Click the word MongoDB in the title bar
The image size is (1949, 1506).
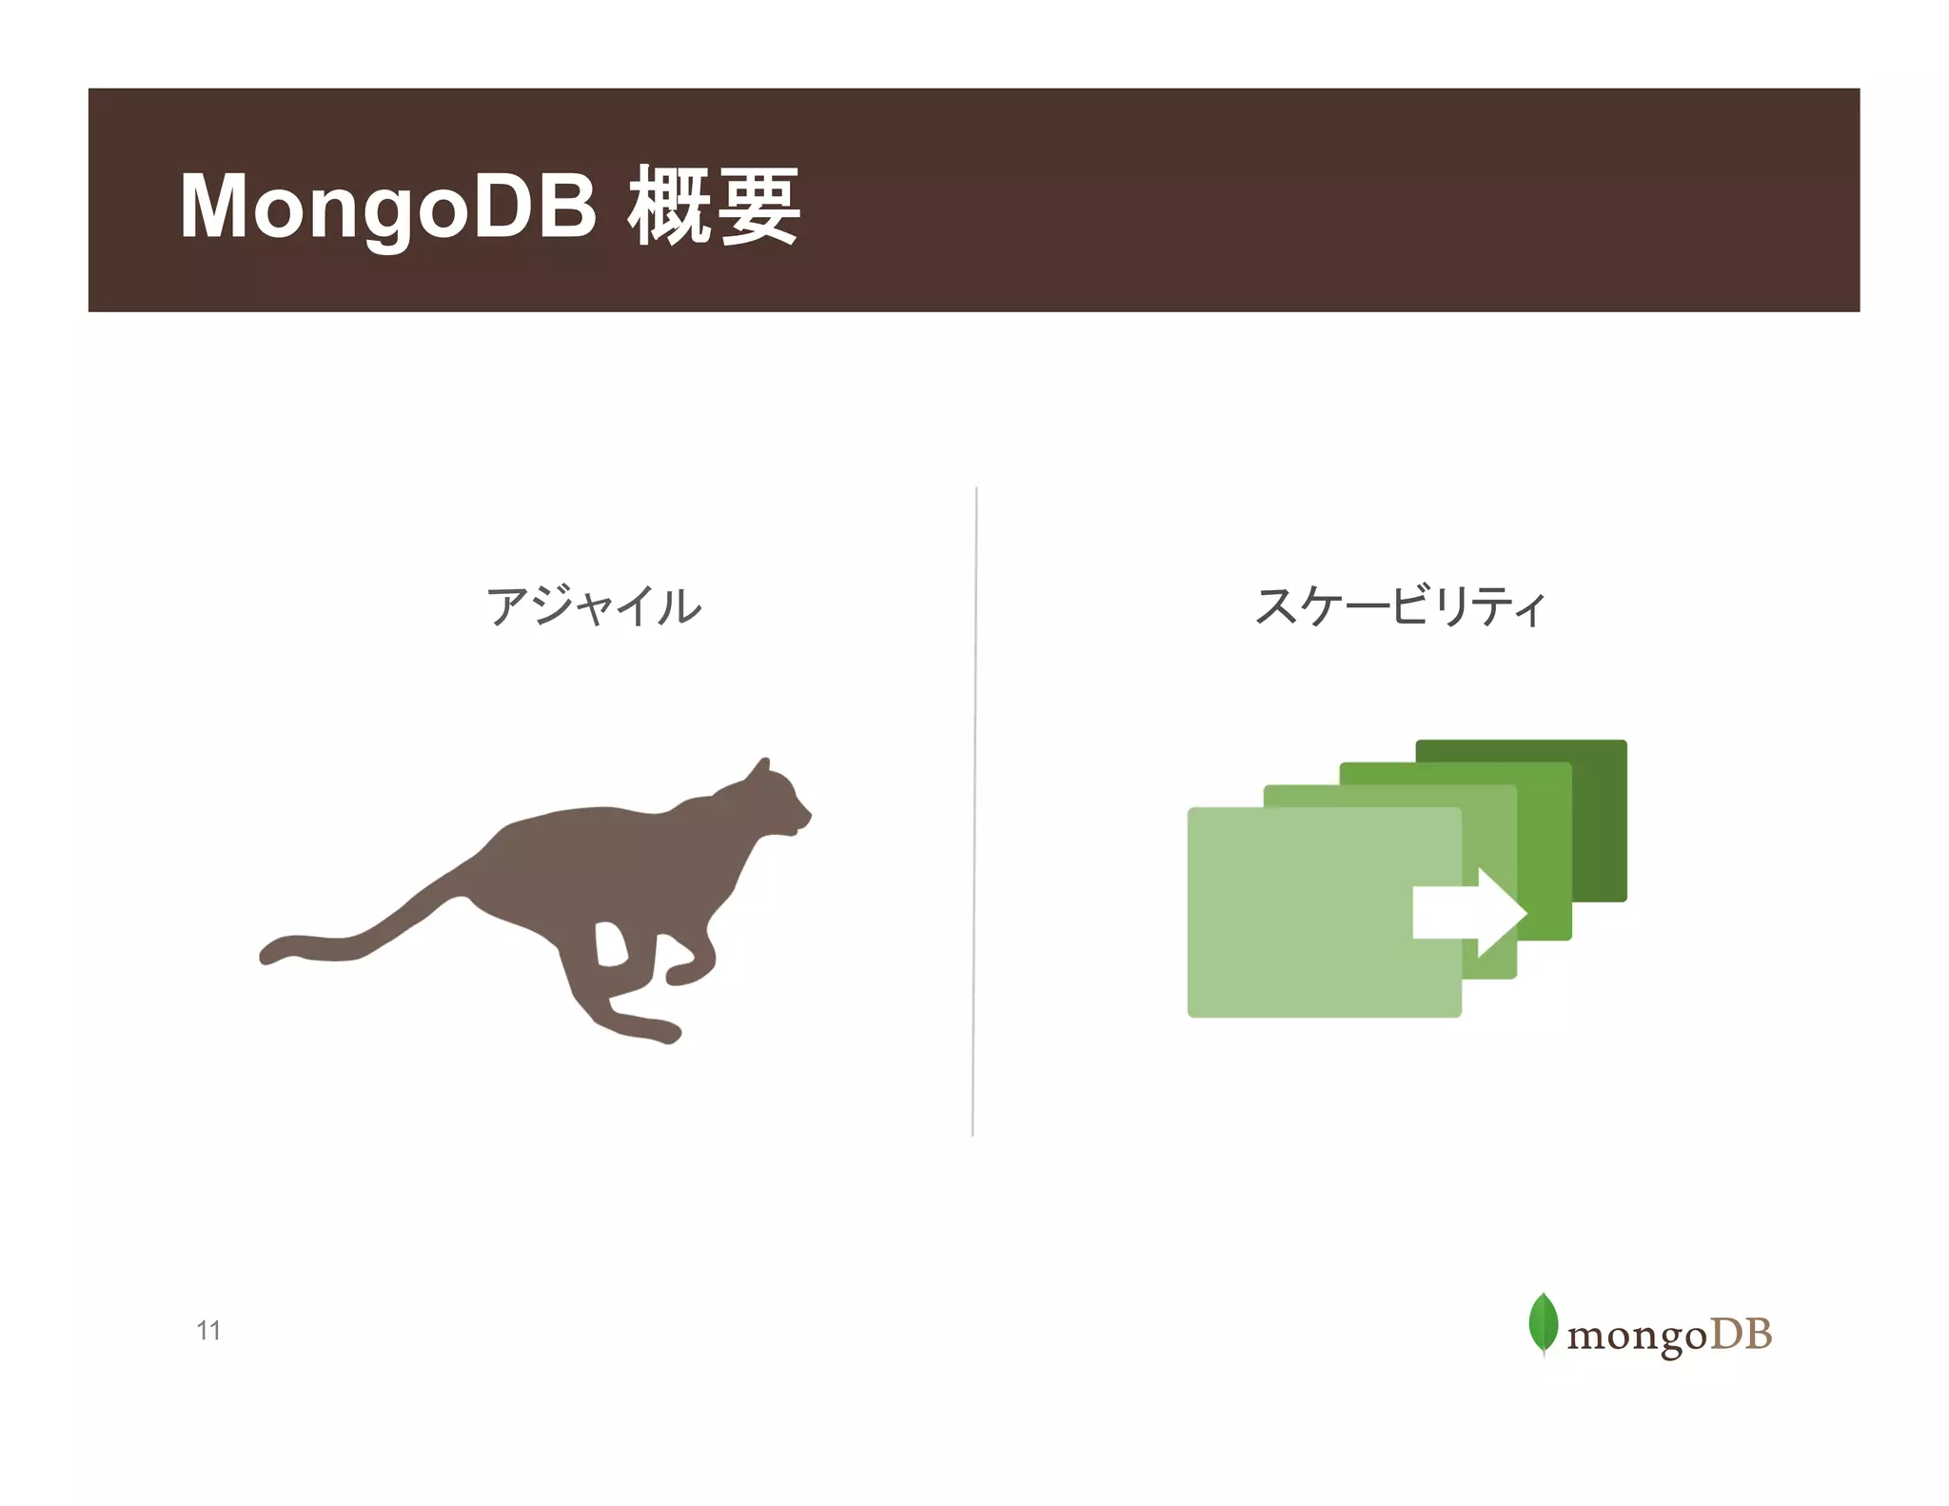[388, 207]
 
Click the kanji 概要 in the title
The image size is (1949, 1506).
[714, 207]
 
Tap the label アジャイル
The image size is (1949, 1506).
[593, 606]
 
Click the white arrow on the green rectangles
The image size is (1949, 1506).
[1470, 912]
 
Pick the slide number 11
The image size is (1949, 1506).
[208, 1330]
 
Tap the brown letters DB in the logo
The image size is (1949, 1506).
[1741, 1334]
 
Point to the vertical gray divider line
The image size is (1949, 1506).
[974, 809]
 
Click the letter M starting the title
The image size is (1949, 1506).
[215, 207]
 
